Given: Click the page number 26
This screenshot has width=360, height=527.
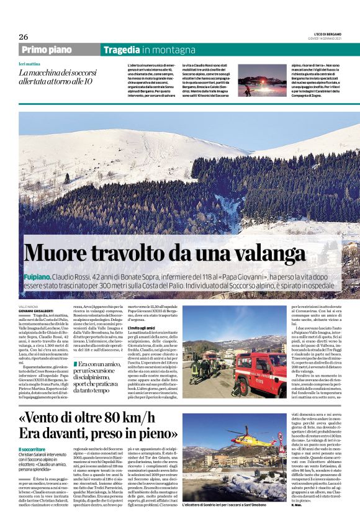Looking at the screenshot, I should [x=24, y=37].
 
